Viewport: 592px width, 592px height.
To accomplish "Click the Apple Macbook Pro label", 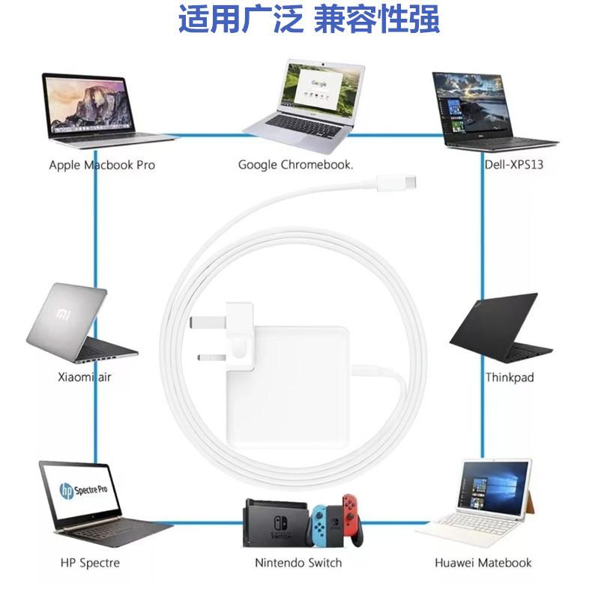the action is point(102,164).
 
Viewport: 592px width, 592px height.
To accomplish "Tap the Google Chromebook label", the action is point(295,164).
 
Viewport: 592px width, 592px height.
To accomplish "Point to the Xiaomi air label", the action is point(84,377).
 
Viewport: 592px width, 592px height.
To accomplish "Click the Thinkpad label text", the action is point(510,377).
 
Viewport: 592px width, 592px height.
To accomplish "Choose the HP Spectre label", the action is point(90,562).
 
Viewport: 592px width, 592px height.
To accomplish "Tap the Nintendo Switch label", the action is point(298,562).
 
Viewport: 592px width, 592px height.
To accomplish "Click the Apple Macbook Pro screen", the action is point(88,104).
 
